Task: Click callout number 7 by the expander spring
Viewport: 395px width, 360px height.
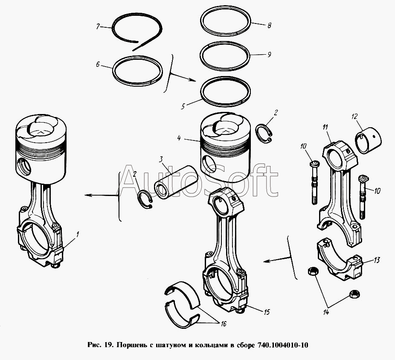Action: coord(98,26)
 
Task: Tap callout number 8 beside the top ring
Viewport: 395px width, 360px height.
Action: coord(269,26)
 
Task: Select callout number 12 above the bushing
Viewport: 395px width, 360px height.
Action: coord(354,116)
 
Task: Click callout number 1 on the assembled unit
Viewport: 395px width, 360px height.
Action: coord(77,234)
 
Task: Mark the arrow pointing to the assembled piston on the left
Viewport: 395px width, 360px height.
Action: coord(100,196)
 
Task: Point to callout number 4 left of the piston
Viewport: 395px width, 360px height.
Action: coord(179,138)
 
